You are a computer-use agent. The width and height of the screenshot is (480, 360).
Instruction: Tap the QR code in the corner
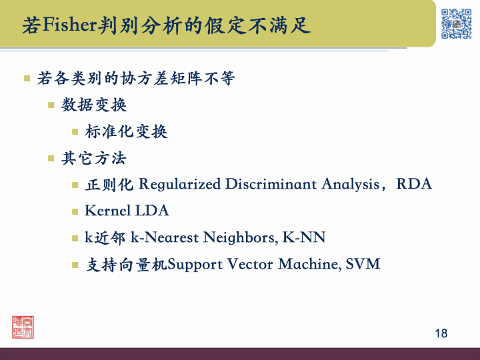(x=456, y=23)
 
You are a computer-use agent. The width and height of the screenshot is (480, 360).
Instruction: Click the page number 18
(x=441, y=333)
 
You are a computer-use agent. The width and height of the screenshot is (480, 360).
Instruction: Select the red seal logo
(x=23, y=326)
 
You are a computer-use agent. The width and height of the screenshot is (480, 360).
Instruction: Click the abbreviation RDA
(x=414, y=184)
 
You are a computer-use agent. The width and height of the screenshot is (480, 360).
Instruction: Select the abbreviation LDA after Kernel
(x=152, y=211)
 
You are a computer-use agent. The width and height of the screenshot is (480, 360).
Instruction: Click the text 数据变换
(x=94, y=105)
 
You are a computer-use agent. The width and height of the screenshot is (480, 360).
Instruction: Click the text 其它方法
(x=94, y=158)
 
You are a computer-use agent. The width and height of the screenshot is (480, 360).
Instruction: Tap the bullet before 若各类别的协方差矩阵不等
(x=27, y=79)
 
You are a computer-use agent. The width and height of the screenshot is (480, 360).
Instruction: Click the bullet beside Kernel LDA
(x=75, y=211)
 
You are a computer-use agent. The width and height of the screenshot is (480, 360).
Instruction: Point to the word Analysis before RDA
(x=350, y=184)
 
